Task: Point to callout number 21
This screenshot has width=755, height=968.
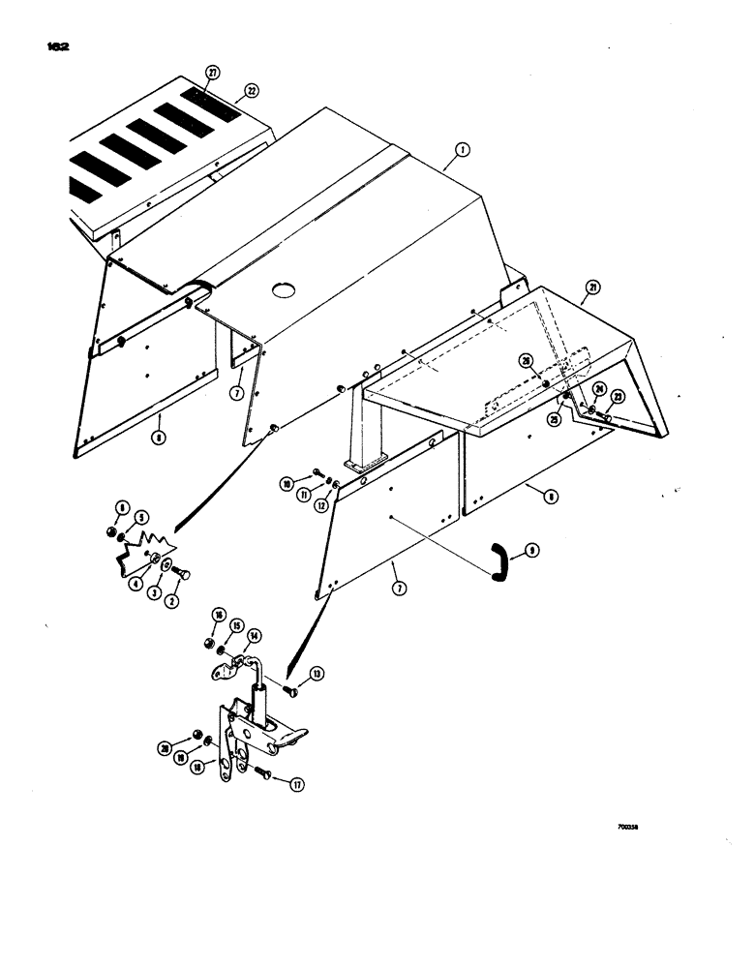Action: tap(591, 287)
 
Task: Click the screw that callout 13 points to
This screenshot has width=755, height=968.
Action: tap(293, 689)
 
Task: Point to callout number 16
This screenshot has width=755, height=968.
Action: tap(221, 616)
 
